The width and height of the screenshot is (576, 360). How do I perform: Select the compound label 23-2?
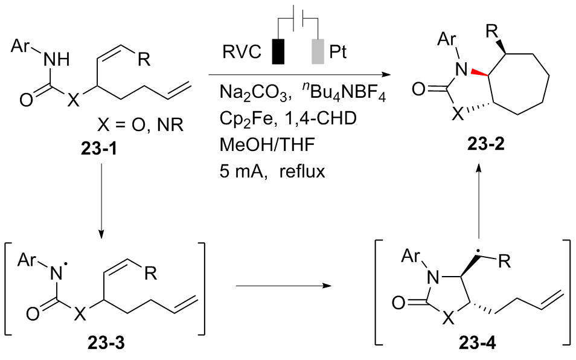(x=485, y=144)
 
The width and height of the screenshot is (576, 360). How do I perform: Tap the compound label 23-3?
(x=106, y=343)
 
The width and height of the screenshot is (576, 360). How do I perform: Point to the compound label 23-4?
(x=477, y=343)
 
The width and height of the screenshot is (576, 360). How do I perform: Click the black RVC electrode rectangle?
(x=278, y=51)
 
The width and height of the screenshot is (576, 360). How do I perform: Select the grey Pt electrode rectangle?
(x=318, y=51)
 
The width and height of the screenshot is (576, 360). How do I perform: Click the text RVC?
(x=242, y=52)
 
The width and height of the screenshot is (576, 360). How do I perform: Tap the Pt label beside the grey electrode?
(x=338, y=52)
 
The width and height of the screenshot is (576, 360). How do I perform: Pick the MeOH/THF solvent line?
(x=267, y=145)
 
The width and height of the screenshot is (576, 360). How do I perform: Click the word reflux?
(x=302, y=171)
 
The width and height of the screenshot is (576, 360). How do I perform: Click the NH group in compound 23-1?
(x=56, y=59)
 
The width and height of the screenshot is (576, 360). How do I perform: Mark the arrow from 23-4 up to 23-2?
(x=479, y=201)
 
